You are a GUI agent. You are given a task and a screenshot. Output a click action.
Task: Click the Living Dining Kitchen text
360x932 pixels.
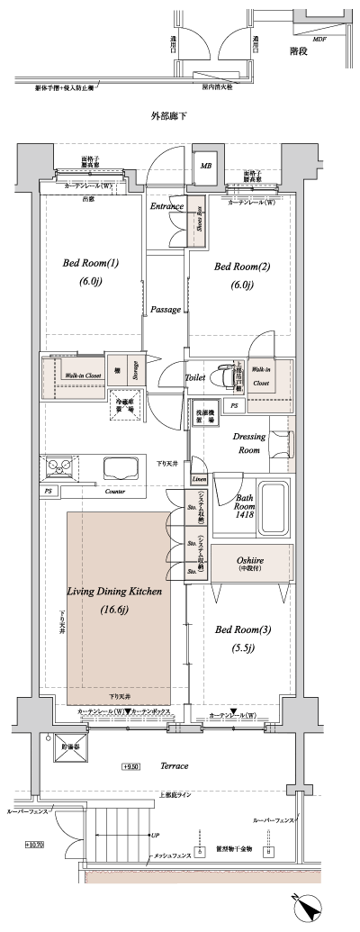(x=114, y=592)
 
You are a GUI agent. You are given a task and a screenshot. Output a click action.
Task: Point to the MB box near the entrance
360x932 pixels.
(x=205, y=166)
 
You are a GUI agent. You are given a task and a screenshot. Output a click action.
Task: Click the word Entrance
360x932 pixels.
(x=167, y=207)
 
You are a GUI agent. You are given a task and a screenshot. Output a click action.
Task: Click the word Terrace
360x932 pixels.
(x=174, y=765)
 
